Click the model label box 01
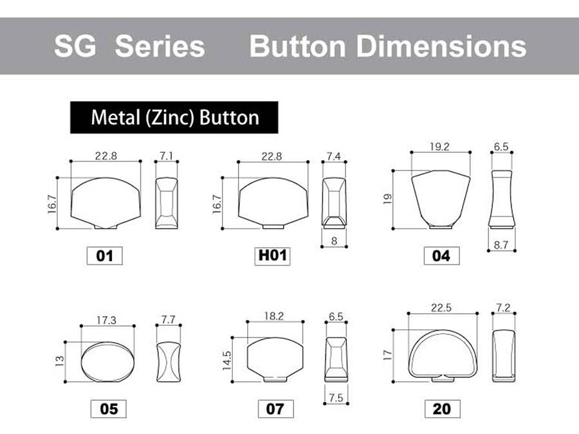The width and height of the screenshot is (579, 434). tap(104, 256)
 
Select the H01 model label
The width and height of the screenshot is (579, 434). tap(273, 256)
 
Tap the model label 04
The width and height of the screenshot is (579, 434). tap(441, 256)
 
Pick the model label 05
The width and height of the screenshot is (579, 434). tap(109, 409)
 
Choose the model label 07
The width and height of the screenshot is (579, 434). tap(275, 409)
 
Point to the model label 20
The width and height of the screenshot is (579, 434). tap(443, 409)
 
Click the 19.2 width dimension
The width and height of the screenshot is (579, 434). tap(439, 147)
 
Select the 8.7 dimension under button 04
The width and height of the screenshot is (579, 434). tap(501, 245)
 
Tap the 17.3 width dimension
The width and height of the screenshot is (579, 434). tap(106, 320)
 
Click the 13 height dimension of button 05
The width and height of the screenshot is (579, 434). tap(59, 361)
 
